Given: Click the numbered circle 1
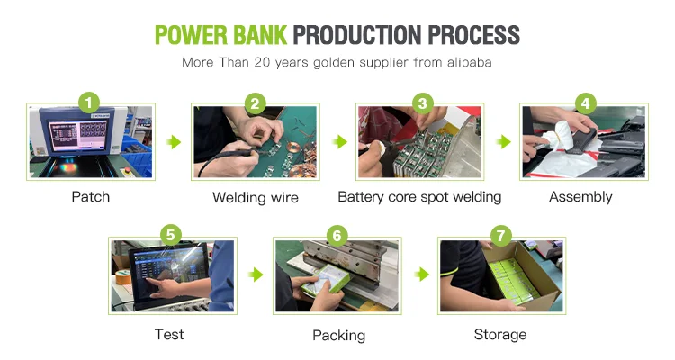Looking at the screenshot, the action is pos(89,103).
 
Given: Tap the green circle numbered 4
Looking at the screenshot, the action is pos(586,103).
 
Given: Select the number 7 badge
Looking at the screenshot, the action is pos(500,236).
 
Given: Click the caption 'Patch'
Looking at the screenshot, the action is pos(90,197).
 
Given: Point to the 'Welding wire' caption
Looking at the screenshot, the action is pos(256,198).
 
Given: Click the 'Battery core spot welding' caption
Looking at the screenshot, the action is pos(419,197).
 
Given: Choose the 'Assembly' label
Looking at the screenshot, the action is pos(580,197).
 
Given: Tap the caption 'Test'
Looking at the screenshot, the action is pos(169,334).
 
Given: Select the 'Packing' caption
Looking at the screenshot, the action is pos(338,335).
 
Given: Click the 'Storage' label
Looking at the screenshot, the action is pos(500,335).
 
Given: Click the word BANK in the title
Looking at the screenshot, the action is pos(259,35).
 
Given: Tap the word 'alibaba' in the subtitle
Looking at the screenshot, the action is pos(469,62).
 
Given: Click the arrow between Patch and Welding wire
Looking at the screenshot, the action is pos(174,141).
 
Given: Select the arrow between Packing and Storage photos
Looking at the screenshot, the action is pos(422,274).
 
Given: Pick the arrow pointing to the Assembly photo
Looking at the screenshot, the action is pos(504,141).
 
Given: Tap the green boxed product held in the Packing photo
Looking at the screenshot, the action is pos(322,280).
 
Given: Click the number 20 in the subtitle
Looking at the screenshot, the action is pos(261,62).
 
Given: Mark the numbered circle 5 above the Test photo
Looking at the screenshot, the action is pos(171,235).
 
